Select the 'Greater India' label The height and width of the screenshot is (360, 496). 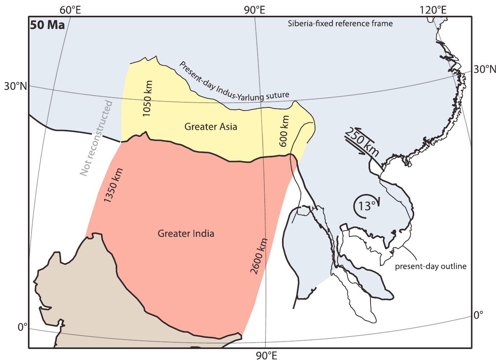(186, 233)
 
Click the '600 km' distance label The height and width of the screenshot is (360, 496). (284, 131)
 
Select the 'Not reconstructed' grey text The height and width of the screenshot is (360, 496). (96, 138)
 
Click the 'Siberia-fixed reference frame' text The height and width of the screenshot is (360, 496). (340, 23)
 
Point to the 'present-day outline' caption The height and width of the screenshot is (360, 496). (430, 266)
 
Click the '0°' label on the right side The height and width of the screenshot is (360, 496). (478, 315)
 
